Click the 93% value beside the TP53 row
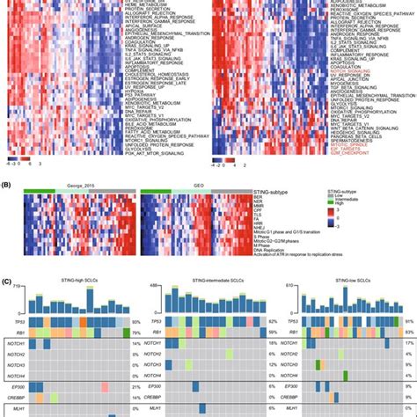pos(135,323)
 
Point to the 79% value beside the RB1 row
pos(135,333)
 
